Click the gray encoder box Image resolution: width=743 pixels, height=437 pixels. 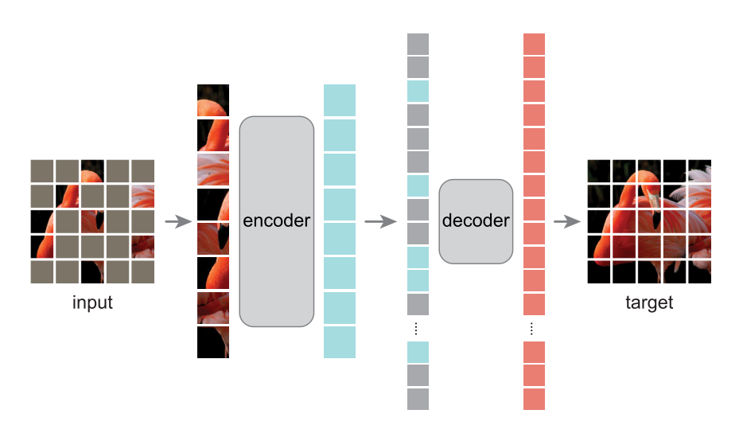pos(277,220)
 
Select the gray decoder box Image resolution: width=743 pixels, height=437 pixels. pos(476,221)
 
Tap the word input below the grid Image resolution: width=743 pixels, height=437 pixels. pos(92,302)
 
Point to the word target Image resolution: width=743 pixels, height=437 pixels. pos(649,302)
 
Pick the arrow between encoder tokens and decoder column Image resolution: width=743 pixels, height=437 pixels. pos(379,221)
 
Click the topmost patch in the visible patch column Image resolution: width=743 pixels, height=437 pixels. pos(213,100)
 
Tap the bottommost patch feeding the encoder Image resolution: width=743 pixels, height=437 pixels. pos(213,341)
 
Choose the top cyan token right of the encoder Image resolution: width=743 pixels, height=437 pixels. pos(340,99)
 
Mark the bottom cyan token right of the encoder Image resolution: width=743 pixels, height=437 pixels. pos(340,342)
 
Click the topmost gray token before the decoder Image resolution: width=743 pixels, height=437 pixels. pos(418,43)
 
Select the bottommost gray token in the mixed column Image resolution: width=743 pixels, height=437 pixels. pos(418,399)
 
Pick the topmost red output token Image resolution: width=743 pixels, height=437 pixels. pos(534,43)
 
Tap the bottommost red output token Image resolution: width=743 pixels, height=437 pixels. pos(534,399)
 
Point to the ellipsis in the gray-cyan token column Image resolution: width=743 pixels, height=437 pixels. pos(418,329)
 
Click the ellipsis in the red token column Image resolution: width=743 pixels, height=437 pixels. pos(534,329)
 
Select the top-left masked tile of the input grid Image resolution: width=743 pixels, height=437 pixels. pos(42,170)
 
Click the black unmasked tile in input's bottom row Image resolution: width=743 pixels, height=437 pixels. pos(92,272)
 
